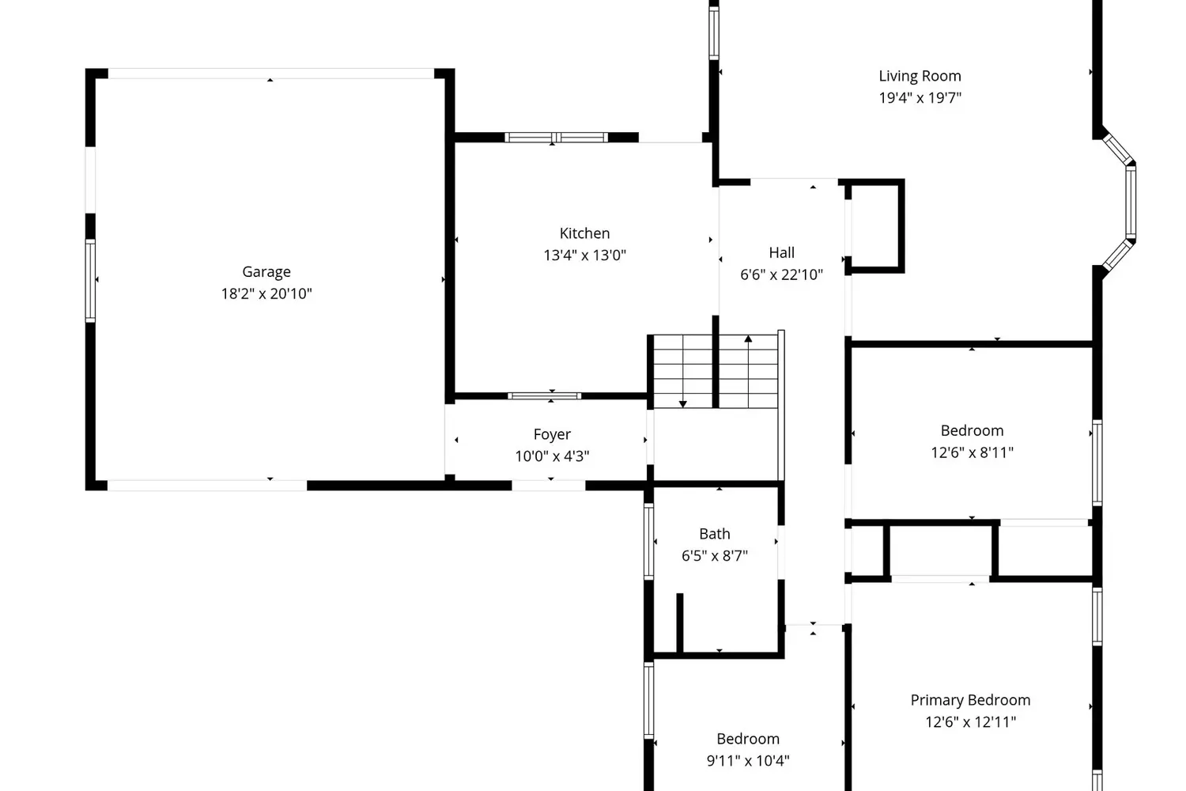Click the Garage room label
(x=266, y=272)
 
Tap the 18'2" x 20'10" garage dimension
(x=266, y=293)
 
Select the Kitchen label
(x=584, y=233)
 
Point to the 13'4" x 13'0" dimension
(x=584, y=255)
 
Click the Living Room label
(x=920, y=76)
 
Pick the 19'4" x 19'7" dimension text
(x=920, y=98)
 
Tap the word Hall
(x=781, y=252)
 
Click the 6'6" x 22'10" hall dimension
(x=781, y=274)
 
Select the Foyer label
(x=552, y=434)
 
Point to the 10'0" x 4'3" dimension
(x=552, y=456)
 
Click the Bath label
(x=714, y=534)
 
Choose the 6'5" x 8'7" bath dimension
(x=714, y=556)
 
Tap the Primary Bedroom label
(x=970, y=700)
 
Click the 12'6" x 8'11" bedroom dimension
(x=972, y=452)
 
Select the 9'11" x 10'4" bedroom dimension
(x=748, y=761)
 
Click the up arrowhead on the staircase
(x=748, y=339)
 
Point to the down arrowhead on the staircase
(x=683, y=404)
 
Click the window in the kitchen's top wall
(x=556, y=138)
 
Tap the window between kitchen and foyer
(x=544, y=395)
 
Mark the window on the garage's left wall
(x=91, y=281)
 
